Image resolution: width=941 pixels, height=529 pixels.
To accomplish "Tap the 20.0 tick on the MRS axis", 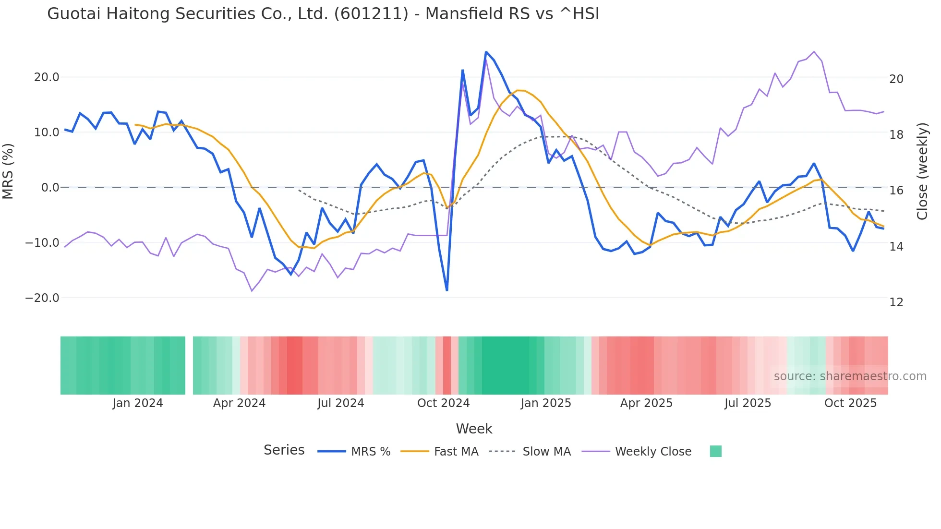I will (x=46, y=77).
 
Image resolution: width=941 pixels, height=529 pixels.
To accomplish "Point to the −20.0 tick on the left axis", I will (x=42, y=298).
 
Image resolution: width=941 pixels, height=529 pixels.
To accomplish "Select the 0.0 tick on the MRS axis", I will (x=50, y=188).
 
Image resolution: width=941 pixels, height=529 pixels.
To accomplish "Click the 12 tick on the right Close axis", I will (x=896, y=302).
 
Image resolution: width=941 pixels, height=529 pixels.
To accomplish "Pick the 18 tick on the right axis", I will (x=896, y=135).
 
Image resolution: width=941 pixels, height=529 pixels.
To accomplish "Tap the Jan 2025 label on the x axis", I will (x=546, y=403).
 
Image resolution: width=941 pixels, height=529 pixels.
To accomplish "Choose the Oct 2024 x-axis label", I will (x=443, y=403).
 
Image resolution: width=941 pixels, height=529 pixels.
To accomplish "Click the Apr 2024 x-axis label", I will (x=239, y=403).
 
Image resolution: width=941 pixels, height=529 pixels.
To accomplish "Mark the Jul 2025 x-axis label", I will (x=748, y=403).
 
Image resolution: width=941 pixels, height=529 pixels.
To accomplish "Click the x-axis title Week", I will (x=474, y=429).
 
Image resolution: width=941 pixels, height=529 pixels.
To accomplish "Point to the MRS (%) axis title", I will (x=8, y=171).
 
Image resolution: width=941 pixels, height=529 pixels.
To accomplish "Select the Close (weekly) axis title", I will (x=922, y=171).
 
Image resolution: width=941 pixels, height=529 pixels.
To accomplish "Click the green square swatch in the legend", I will (x=715, y=451).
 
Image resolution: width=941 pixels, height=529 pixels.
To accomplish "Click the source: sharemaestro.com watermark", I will (x=850, y=376).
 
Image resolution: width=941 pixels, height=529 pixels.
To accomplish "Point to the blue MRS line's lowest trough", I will (x=447, y=290).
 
